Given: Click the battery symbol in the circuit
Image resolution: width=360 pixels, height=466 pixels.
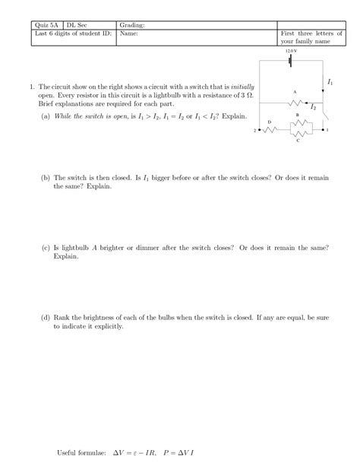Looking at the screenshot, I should (x=292, y=65).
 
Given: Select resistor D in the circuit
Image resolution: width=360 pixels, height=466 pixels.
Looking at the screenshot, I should (x=270, y=129).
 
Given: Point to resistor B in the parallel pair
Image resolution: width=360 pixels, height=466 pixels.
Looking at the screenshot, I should (x=297, y=121).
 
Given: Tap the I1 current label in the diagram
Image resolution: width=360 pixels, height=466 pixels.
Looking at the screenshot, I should (x=330, y=81).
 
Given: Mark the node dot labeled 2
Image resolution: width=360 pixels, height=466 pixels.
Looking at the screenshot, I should (x=261, y=129).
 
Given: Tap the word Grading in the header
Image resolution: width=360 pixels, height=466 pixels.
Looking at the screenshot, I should (x=132, y=26).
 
